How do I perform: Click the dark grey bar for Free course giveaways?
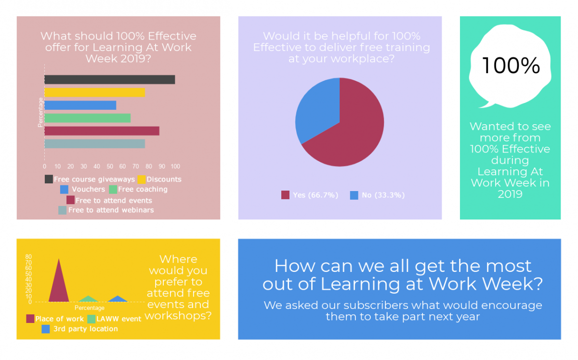109,80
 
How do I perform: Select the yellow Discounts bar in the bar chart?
94,92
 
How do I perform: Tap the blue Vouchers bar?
80,105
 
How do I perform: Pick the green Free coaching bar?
87,118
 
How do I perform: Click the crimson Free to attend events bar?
102,131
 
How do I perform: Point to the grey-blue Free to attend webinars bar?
94,143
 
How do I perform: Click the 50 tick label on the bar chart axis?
110,167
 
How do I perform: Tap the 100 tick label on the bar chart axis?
175,167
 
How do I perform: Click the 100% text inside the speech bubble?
511,65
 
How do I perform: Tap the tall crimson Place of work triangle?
59,286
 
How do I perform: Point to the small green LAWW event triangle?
88,299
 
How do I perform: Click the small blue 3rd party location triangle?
118,299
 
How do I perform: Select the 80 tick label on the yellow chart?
28,257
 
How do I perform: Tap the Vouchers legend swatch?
65,189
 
